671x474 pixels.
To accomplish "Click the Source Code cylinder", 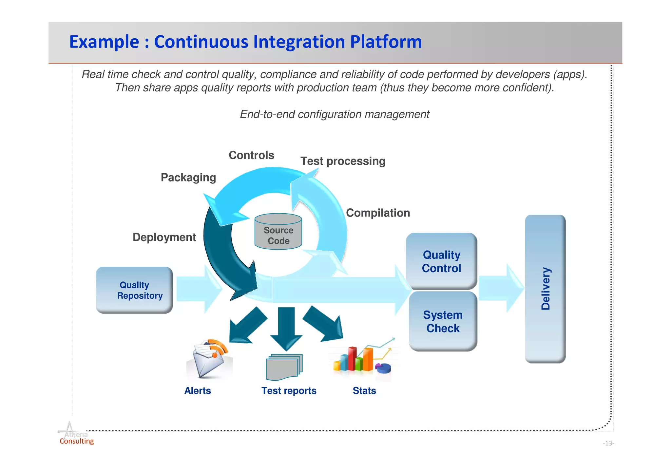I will [x=278, y=232].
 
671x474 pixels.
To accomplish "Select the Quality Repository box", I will [x=134, y=290].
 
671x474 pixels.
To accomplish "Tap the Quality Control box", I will [x=441, y=261].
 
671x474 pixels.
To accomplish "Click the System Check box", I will [x=443, y=321].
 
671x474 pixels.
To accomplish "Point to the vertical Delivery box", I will [x=545, y=289].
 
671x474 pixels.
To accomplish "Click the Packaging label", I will [x=188, y=178].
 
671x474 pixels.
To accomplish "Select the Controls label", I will [x=251, y=155].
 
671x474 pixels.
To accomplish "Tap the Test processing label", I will [x=343, y=161].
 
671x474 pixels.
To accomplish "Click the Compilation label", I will [x=378, y=213].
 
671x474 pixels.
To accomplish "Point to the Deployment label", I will [x=164, y=237].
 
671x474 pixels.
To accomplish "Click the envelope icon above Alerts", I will [x=209, y=359].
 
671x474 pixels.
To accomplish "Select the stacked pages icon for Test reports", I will [x=284, y=367].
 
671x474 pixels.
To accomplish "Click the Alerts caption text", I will [x=198, y=391].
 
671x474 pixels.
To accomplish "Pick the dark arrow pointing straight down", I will [x=286, y=328].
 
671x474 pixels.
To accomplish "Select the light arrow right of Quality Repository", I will [x=199, y=289].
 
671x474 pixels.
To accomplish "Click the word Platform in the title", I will [x=386, y=42].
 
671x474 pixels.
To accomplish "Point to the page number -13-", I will [x=608, y=444].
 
